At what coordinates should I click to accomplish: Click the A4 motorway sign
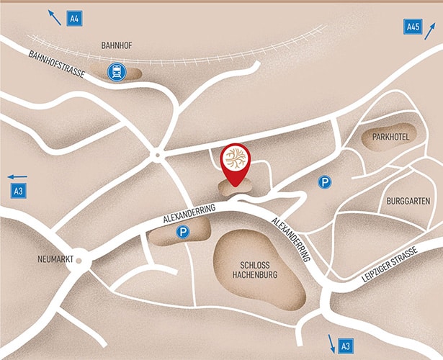(74, 18)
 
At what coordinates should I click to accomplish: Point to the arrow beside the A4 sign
(53, 14)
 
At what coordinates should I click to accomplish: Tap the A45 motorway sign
(412, 27)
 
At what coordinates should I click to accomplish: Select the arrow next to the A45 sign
(430, 30)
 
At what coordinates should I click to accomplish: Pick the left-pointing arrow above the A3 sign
(17, 176)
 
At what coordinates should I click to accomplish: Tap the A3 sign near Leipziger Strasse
(346, 347)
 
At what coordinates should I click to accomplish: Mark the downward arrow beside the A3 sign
(331, 342)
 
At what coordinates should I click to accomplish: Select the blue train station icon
(115, 71)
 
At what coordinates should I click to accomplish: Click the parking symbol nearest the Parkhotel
(325, 183)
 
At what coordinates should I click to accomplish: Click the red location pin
(235, 163)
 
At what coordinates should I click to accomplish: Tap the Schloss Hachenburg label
(256, 270)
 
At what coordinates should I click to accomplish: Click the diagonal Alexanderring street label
(291, 238)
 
